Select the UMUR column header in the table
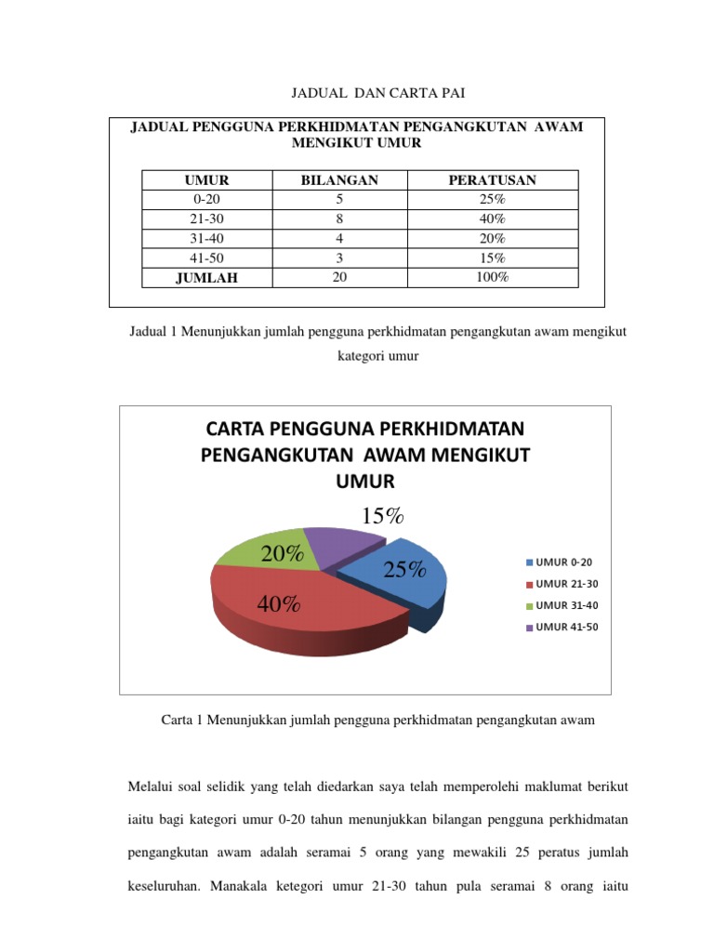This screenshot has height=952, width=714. point(206,180)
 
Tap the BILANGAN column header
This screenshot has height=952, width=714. point(339,180)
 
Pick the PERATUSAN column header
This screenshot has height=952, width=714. point(492,180)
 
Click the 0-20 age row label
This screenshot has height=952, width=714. point(206,200)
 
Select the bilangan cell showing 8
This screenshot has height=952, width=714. point(339,219)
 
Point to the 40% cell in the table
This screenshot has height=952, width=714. point(492,219)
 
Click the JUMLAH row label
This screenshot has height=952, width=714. point(206,278)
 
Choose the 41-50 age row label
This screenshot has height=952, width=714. point(206,258)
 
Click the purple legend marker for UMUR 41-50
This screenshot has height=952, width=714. point(531,628)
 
